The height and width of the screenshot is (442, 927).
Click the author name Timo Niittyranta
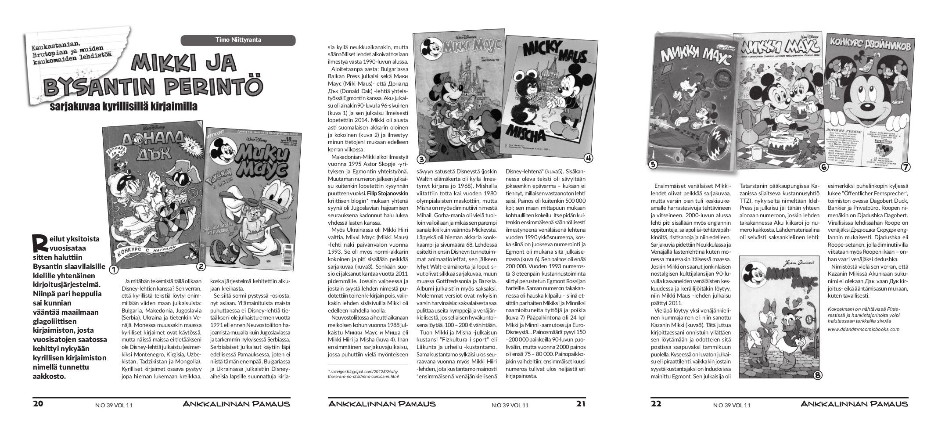pyautogui.click(x=238, y=40)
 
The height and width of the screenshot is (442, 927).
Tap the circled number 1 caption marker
pyautogui.click(x=114, y=269)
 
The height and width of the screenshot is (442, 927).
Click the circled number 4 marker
pyautogui.click(x=589, y=158)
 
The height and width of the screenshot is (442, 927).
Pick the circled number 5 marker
pyautogui.click(x=653, y=165)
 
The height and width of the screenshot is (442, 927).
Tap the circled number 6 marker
pyautogui.click(x=824, y=167)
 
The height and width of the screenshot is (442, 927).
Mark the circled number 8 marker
pyautogui.click(x=818, y=375)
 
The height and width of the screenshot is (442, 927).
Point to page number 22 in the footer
pyautogui.click(x=656, y=404)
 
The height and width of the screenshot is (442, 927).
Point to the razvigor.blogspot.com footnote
pyautogui.click(x=363, y=373)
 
